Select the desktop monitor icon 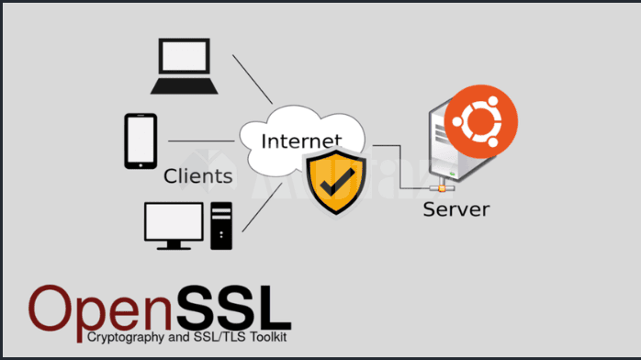[174, 225]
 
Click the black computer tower [221, 225]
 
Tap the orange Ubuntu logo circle [480, 120]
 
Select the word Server [455, 209]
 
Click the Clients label [197, 175]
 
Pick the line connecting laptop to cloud [253, 78]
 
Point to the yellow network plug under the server [444, 187]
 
